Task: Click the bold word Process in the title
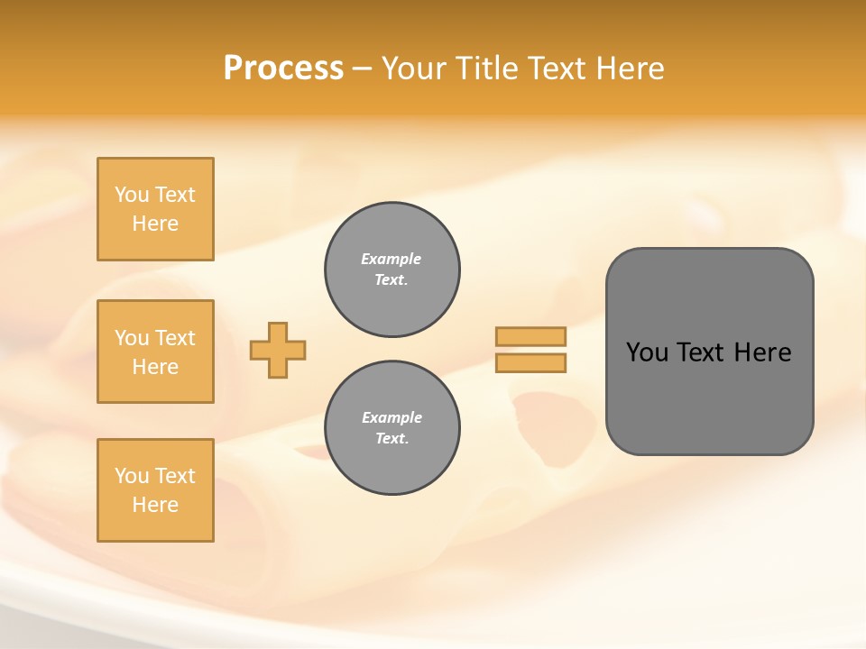point(283,69)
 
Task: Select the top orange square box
point(155,209)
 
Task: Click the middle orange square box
point(155,352)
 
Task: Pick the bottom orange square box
point(155,490)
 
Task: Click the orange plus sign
point(278,350)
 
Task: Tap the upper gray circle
point(392,270)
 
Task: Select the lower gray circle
point(392,428)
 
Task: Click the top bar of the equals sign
point(530,336)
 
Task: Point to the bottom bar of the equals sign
point(530,363)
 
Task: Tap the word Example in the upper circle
point(392,259)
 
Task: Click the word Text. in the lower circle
point(392,439)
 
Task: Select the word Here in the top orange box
point(155,224)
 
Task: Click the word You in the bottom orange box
point(132,476)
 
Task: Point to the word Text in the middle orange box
point(174,338)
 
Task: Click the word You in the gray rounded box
point(646,352)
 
